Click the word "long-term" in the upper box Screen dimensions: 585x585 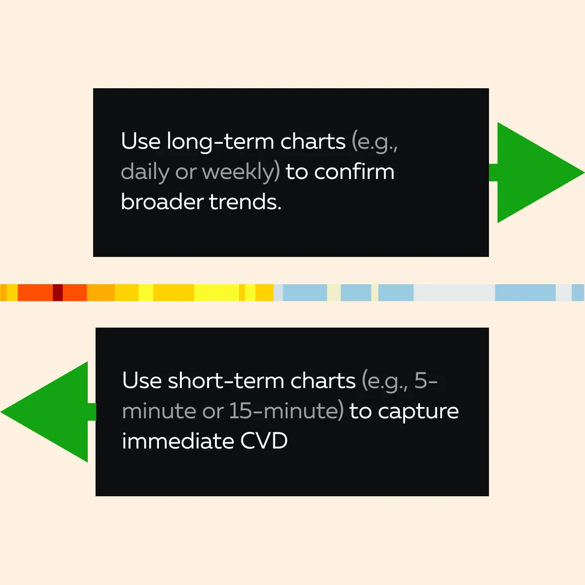point(220,142)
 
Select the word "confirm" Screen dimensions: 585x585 point(354,172)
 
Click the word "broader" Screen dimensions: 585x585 point(162,201)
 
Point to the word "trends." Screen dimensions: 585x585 point(245,202)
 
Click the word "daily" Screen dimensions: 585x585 point(145,172)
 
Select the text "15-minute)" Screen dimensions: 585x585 point(286,411)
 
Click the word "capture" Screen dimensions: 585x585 point(418,412)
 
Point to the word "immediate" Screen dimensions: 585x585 point(178,441)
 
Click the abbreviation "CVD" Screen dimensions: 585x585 point(264,441)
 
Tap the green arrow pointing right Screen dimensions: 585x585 point(537,173)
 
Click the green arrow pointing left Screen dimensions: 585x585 point(48,412)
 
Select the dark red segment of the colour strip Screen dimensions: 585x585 point(58,292)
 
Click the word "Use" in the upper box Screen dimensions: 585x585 point(140,141)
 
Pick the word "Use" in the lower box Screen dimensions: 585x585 point(142,380)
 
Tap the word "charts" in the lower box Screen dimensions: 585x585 point(323,380)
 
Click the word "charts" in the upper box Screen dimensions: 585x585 point(312,141)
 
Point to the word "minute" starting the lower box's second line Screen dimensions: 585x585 point(158,411)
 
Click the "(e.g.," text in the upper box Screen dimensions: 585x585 point(374,142)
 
